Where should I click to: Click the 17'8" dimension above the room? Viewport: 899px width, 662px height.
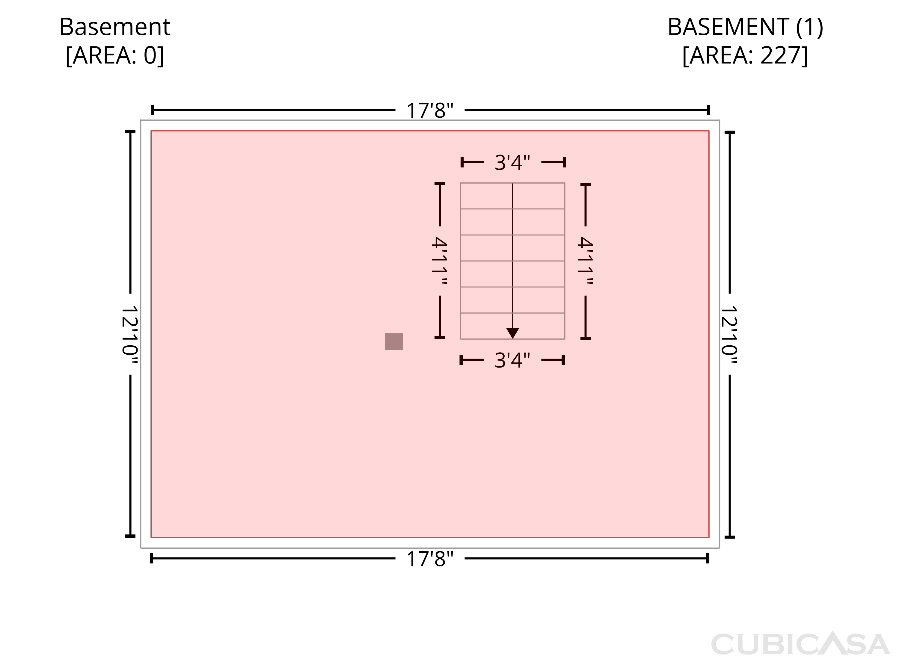(430, 110)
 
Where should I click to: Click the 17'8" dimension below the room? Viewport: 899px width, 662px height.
(430, 559)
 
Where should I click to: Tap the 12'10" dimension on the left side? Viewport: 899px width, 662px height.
(130, 335)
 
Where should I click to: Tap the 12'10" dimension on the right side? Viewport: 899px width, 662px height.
(729, 335)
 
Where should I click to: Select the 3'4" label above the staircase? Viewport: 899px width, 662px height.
(512, 163)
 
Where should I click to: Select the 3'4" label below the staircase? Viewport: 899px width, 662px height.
(512, 360)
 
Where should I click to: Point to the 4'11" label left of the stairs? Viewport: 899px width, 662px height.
(439, 261)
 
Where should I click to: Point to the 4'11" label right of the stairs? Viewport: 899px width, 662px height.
(585, 261)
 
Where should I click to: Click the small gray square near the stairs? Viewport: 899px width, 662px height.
(394, 341)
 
